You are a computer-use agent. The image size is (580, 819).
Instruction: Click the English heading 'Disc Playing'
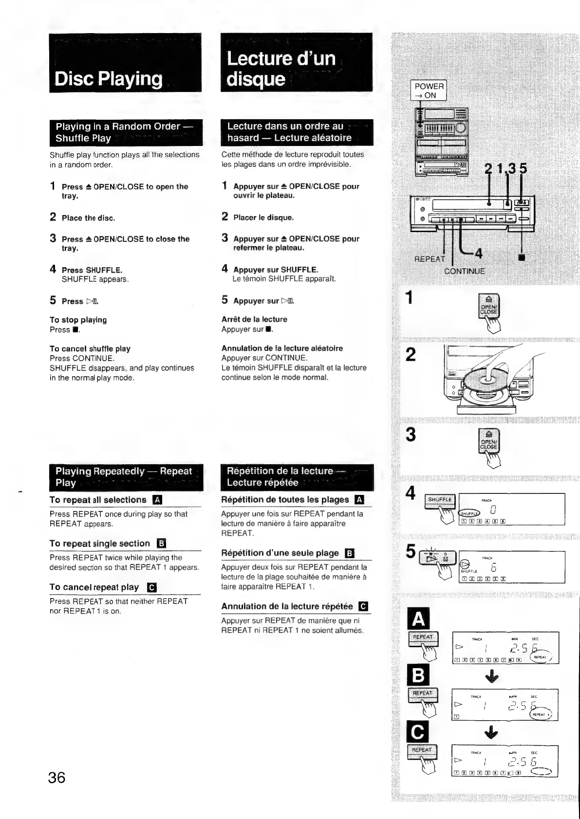[x=109, y=79]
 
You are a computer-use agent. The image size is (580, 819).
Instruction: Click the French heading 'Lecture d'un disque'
[x=281, y=69]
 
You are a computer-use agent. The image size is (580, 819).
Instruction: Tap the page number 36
[x=57, y=777]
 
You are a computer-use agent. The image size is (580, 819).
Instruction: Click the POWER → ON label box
[x=429, y=91]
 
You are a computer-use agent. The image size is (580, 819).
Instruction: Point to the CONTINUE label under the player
[x=465, y=271]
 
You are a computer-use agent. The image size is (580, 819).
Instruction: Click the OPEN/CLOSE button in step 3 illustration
[x=488, y=441]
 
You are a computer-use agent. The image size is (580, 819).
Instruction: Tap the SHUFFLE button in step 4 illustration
[x=440, y=500]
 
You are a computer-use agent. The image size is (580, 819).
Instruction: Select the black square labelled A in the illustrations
[x=418, y=619]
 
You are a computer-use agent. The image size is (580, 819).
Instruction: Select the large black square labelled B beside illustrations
[x=418, y=675]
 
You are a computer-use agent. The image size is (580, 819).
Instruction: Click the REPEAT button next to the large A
[x=423, y=637]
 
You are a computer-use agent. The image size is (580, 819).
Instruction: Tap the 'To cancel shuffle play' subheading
[x=90, y=349]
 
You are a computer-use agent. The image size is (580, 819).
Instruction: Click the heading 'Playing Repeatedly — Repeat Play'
[x=125, y=477]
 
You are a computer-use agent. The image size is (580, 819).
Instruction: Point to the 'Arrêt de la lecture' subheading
[x=254, y=319]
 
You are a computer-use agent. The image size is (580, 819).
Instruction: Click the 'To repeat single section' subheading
[x=100, y=544]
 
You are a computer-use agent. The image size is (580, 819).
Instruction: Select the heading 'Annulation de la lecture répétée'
[x=287, y=606]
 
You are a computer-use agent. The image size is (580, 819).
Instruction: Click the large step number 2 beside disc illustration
[x=411, y=355]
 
